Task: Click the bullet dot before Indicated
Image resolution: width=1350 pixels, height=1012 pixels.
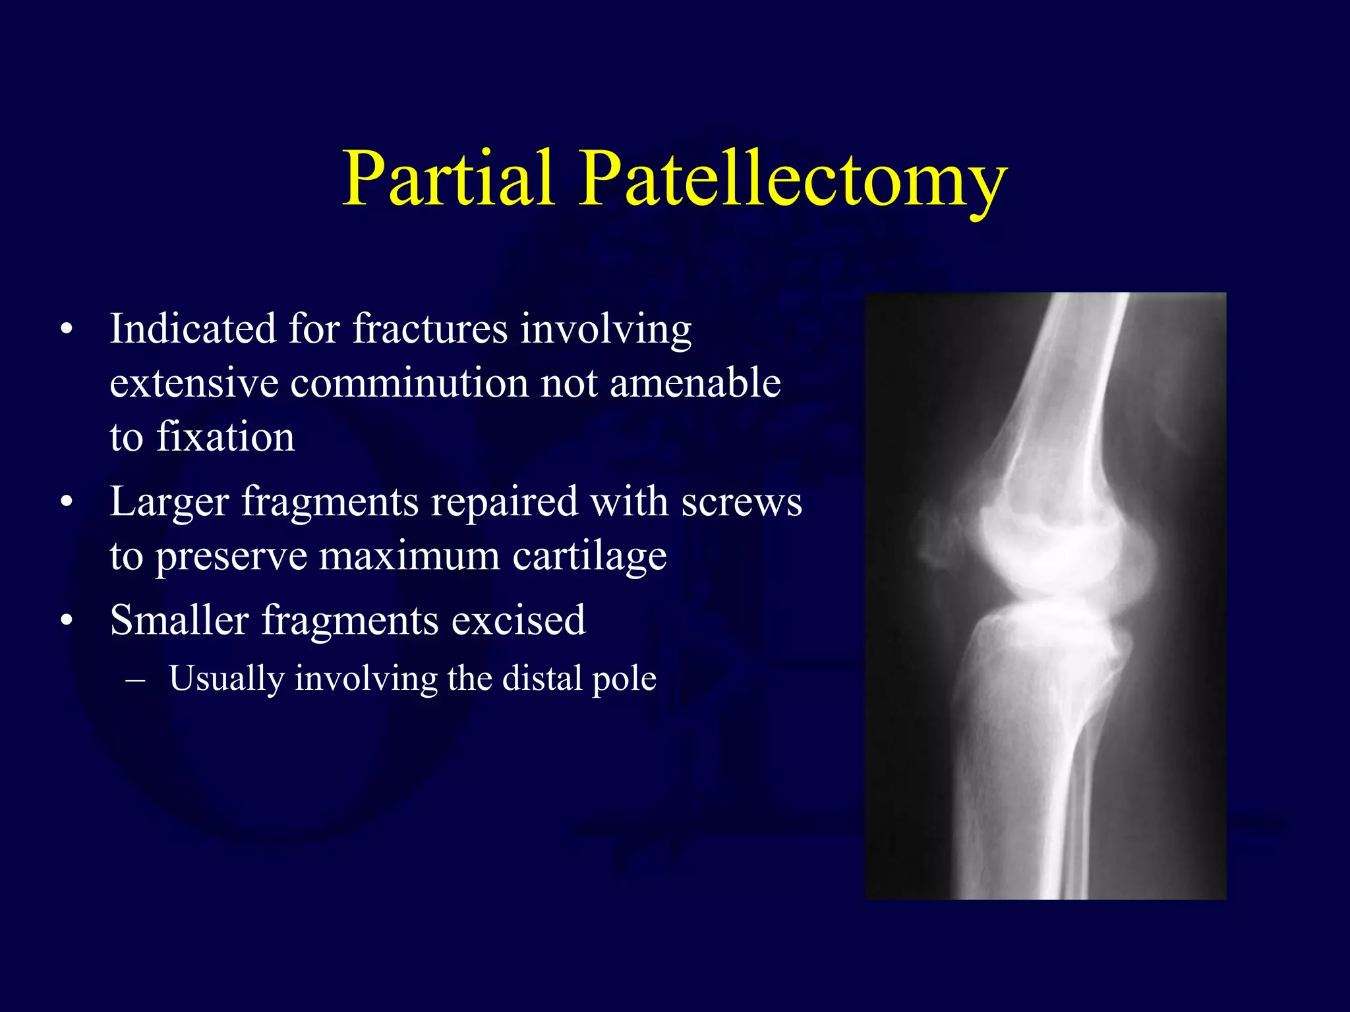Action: click(66, 329)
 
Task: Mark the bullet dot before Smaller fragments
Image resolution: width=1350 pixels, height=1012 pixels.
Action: click(66, 621)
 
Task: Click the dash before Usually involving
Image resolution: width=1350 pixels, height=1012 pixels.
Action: click(136, 679)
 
